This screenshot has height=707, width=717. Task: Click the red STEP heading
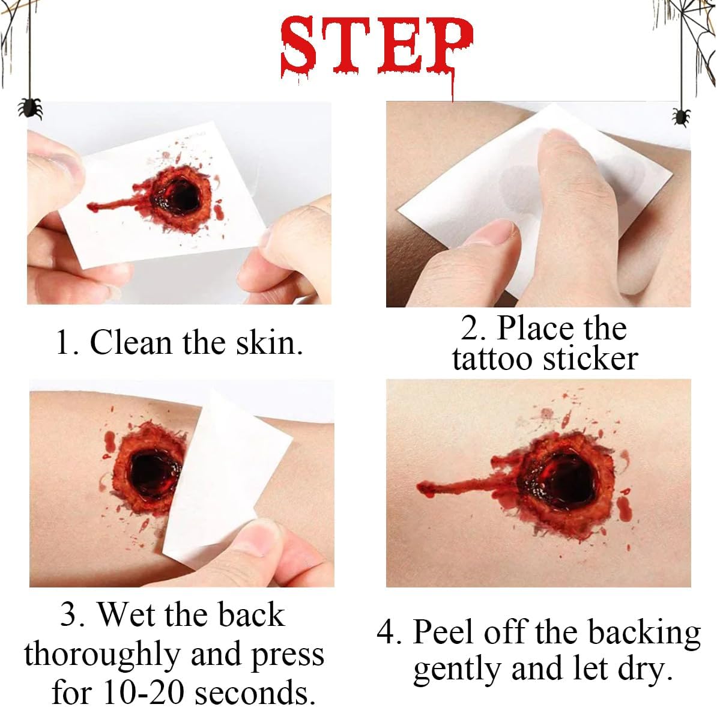377,46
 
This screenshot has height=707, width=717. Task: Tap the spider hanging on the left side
29,108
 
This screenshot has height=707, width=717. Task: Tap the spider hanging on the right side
682,117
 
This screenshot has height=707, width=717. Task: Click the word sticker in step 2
590,359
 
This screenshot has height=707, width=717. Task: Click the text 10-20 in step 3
143,692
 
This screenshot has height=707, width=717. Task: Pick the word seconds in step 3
255,693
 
